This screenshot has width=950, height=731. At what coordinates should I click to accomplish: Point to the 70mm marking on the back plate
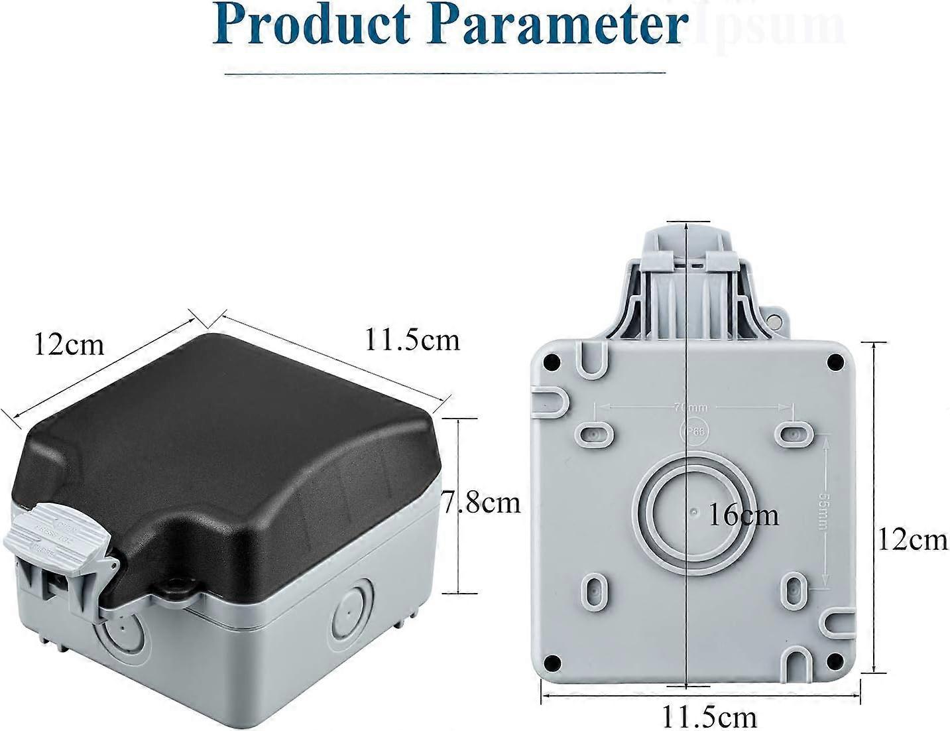pyautogui.click(x=690, y=406)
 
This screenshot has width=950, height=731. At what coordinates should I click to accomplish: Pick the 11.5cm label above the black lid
pyautogui.click(x=412, y=340)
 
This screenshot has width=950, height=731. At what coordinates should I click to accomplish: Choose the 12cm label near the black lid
pyautogui.click(x=69, y=345)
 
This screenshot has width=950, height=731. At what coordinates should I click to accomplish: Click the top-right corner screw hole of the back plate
pyautogui.click(x=835, y=362)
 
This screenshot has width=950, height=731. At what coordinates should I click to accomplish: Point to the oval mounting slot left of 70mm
pyautogui.click(x=593, y=433)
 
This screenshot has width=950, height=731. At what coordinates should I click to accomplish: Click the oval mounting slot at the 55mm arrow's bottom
pyautogui.click(x=795, y=587)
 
